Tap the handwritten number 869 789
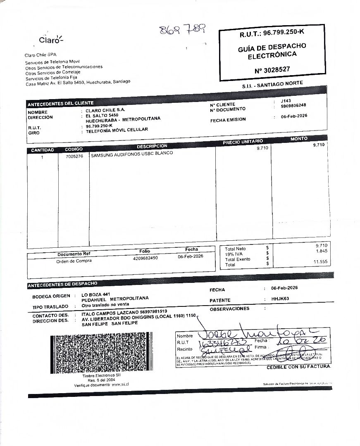pyautogui.click(x=183, y=29)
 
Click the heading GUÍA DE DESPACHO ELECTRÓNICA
pyautogui.click(x=272, y=51)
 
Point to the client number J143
pyautogui.click(x=286, y=100)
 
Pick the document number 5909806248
pyautogui.click(x=293, y=106)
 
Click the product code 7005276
pyautogui.click(x=74, y=157)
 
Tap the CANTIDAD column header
pyautogui.click(x=43, y=150)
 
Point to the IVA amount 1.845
pyautogui.click(x=322, y=251)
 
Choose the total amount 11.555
pyautogui.click(x=320, y=262)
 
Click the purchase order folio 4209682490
pyautogui.click(x=145, y=258)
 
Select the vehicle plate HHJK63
pyautogui.click(x=280, y=299)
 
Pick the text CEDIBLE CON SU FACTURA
pyautogui.click(x=298, y=367)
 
